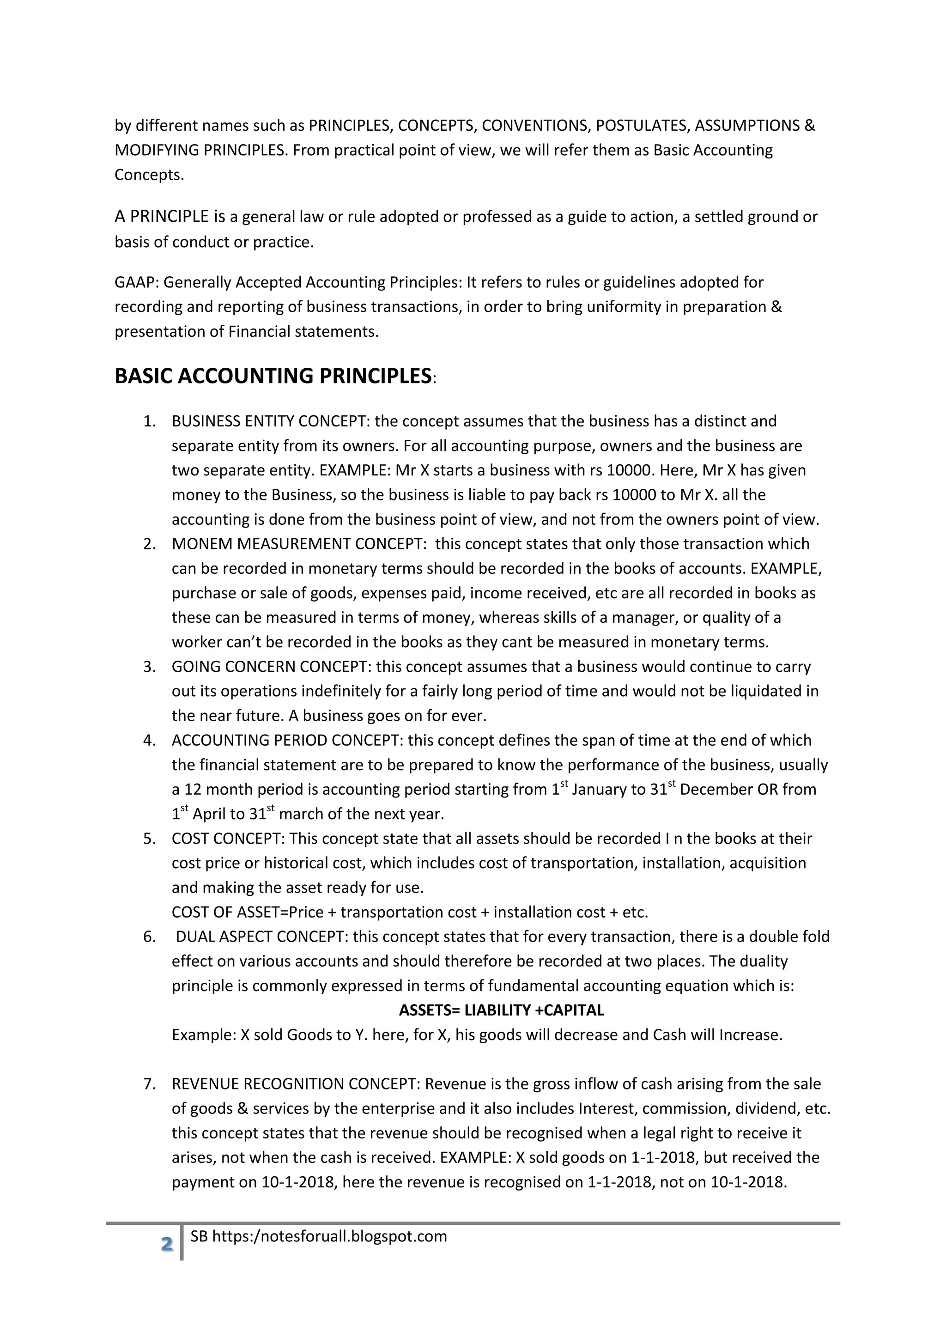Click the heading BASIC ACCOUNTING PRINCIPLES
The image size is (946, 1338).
[273, 376]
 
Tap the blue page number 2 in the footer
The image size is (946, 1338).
[167, 1244]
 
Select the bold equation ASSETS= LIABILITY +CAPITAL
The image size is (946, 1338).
[501, 1010]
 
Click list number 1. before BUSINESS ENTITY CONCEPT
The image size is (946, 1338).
[150, 421]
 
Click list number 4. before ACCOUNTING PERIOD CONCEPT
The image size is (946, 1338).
[150, 740]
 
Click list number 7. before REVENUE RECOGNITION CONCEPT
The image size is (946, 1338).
[150, 1084]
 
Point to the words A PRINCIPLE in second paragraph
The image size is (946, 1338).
[161, 217]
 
